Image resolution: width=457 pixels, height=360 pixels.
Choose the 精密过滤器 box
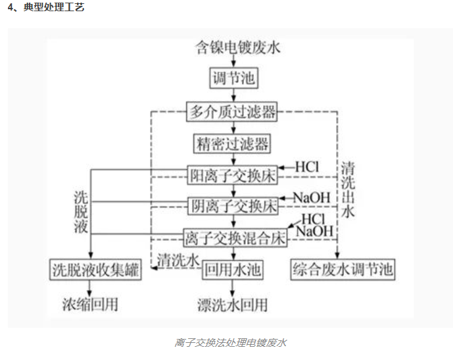232,143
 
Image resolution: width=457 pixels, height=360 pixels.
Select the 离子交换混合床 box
235,237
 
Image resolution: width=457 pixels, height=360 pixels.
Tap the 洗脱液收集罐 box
96,269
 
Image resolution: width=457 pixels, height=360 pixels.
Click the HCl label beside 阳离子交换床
306,167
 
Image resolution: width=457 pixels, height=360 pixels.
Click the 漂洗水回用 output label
233,305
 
